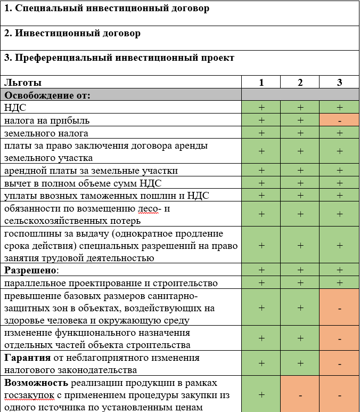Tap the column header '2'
300,82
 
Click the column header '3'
339,82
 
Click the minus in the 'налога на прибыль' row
339,120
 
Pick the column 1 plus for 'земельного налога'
261,133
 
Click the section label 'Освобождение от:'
47,95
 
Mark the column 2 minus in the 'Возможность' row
300,395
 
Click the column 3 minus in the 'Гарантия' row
339,363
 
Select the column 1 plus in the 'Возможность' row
261,395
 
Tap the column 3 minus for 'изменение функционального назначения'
339,338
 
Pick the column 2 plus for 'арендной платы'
300,171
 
